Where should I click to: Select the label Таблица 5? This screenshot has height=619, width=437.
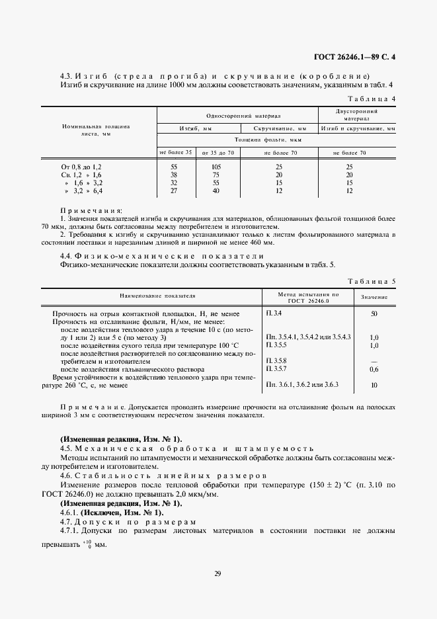click(x=372, y=281)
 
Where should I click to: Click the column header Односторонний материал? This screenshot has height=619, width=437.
click(x=236, y=114)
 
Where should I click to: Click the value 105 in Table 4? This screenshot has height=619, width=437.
click(x=215, y=167)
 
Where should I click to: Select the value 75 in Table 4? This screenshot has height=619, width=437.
click(x=215, y=175)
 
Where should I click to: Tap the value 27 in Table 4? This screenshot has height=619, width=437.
click(x=173, y=190)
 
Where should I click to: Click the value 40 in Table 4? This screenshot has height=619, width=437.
click(x=215, y=190)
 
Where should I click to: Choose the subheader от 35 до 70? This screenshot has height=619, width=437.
click(x=215, y=153)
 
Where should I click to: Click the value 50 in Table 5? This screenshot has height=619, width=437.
click(x=374, y=313)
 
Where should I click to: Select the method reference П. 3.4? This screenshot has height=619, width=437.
click(x=274, y=312)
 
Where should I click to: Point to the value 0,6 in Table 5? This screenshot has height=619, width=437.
click(x=374, y=369)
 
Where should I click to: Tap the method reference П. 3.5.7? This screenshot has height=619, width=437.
click(x=277, y=369)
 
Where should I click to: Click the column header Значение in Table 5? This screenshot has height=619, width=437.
click(x=374, y=297)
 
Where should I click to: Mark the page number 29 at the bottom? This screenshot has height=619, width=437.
click(x=218, y=573)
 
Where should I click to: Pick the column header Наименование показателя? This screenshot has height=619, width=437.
click(x=157, y=297)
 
